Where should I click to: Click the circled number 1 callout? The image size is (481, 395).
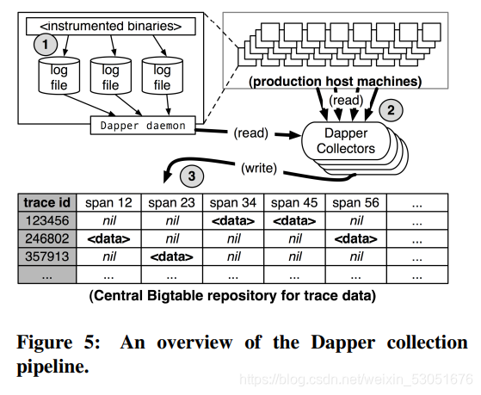(x=46, y=44)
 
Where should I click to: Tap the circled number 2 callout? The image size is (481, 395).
(x=391, y=110)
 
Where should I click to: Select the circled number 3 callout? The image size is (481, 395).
(x=192, y=176)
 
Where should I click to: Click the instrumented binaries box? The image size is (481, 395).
(x=111, y=27)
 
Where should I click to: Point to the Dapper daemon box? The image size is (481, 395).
(x=143, y=126)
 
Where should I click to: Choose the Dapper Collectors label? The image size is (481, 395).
(x=346, y=141)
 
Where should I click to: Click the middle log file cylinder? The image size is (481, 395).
(x=111, y=76)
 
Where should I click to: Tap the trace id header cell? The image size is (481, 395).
(x=47, y=202)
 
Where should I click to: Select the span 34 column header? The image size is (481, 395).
(x=233, y=202)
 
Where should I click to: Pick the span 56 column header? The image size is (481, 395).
(x=356, y=202)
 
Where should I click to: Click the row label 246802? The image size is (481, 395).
(x=47, y=238)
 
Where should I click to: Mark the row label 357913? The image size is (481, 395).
(x=47, y=256)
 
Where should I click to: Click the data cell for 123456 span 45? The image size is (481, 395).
(x=294, y=220)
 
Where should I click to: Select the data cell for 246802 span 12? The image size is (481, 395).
(x=108, y=238)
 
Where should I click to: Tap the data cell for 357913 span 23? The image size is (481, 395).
(x=172, y=256)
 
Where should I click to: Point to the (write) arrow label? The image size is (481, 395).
(x=259, y=168)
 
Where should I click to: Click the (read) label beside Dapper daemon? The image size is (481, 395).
(x=251, y=133)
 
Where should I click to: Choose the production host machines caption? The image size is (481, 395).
(x=336, y=82)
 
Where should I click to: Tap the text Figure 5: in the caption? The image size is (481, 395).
(x=59, y=342)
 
